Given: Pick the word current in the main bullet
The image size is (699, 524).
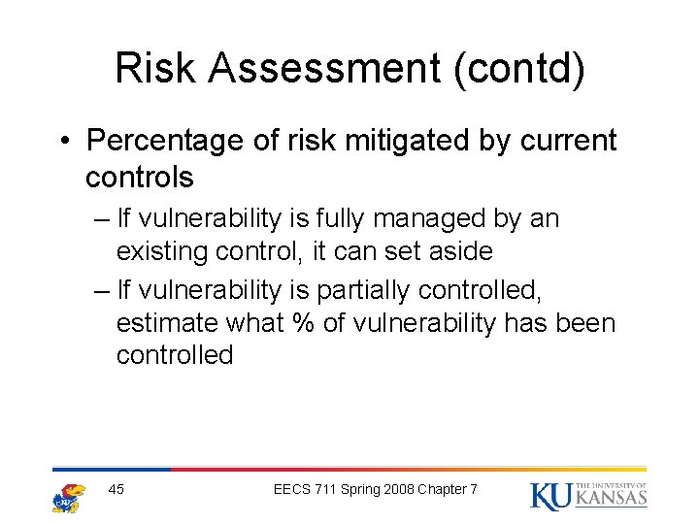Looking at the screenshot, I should pos(568,141).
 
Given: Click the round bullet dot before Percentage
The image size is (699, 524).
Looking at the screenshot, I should pos(64,142).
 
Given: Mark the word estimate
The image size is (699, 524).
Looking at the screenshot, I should pos(167,322).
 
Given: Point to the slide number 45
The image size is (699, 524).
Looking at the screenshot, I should pos(116,489).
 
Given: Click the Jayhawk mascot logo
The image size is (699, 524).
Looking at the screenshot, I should pos(68,496).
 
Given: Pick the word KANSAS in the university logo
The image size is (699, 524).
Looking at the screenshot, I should pos(612,499).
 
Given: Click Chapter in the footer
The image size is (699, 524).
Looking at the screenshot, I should pos(442,489).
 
